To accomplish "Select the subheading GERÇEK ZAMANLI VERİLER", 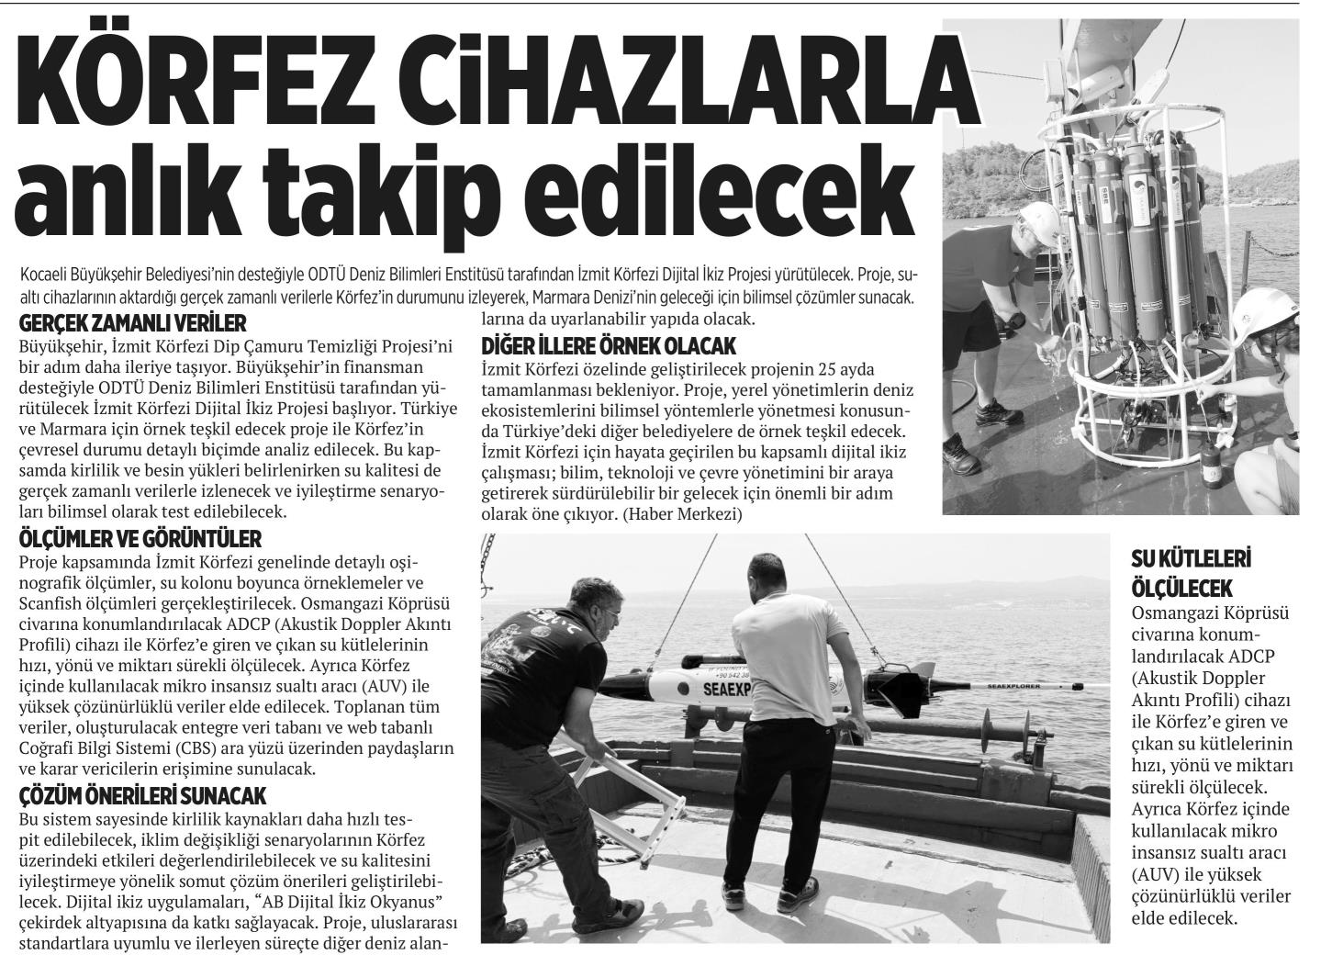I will pyautogui.click(x=133, y=324).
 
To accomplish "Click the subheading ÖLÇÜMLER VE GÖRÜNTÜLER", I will pyautogui.click(x=140, y=538).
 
